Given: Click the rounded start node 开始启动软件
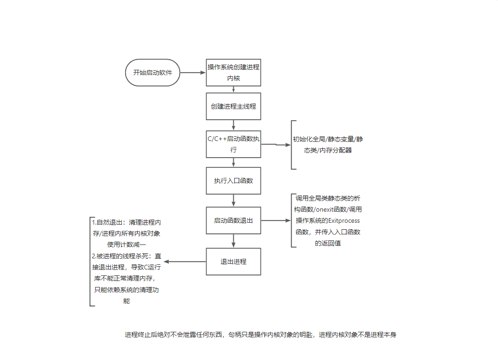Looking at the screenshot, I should (152, 73).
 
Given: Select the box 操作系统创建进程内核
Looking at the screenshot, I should (233, 73).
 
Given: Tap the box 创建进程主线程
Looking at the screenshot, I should (233, 106).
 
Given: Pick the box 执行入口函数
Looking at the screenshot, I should (233, 181).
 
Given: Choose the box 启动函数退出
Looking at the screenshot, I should (233, 220).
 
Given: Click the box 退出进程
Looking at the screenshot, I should (233, 262).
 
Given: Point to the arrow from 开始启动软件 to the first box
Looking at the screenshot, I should (193, 73).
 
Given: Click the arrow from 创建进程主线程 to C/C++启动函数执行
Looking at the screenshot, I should (233, 125).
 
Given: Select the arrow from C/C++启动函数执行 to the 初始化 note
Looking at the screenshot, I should (276, 145).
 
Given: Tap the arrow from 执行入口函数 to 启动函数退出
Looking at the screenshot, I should (233, 200).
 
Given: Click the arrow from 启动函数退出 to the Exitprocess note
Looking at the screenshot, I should (276, 221).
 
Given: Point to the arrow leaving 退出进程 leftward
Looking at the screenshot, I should (185, 262).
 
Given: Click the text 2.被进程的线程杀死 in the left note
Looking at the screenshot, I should (120, 256).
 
